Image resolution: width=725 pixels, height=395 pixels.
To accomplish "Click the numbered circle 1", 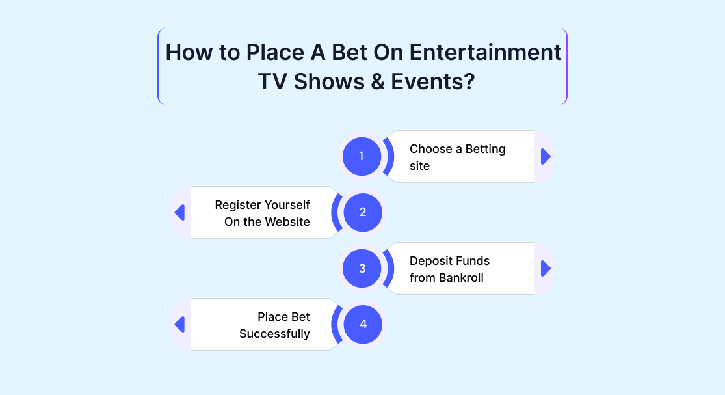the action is (x=362, y=156).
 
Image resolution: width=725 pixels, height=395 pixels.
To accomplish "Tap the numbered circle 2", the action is (x=363, y=212).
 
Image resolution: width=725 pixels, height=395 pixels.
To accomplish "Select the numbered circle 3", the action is (x=362, y=268).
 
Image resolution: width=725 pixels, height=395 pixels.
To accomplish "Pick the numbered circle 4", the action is (x=363, y=324).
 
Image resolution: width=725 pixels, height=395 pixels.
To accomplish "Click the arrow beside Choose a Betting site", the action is (x=546, y=156).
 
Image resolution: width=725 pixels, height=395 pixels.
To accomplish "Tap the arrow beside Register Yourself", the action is (x=180, y=212).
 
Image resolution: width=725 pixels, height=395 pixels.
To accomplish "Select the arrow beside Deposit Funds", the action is (x=546, y=268).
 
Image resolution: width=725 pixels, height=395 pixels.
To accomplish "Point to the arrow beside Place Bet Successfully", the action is (x=180, y=324).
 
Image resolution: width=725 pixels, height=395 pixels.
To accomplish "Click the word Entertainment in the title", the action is (x=485, y=52).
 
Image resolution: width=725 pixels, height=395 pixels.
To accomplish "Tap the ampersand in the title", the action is (x=378, y=81).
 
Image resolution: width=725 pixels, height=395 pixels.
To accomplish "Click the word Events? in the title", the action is (x=433, y=81).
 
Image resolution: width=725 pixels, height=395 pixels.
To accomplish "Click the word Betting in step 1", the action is (x=486, y=150).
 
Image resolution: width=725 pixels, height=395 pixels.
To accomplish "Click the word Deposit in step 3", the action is (x=428, y=262).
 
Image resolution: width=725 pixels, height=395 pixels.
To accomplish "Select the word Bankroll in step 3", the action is (x=461, y=277).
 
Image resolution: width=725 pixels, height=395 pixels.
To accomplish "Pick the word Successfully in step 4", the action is (x=274, y=334).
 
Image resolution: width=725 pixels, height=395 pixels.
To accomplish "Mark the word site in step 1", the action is (x=419, y=165).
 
